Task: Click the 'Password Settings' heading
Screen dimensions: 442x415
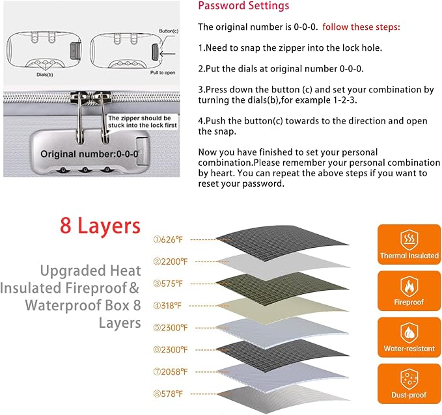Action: tap(243, 6)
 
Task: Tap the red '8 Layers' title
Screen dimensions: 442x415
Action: tap(100, 226)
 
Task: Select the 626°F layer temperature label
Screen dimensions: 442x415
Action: tap(168, 240)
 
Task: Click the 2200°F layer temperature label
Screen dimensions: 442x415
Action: tap(171, 261)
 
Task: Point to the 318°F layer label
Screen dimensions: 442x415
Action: tap(167, 306)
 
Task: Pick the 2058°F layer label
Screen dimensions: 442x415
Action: tap(171, 372)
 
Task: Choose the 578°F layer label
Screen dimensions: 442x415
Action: tap(168, 394)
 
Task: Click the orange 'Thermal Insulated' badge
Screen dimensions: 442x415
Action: tap(409, 245)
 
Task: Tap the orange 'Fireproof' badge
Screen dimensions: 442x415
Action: tap(409, 291)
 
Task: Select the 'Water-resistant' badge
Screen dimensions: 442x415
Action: tap(409, 337)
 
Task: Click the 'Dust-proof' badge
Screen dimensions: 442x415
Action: tap(409, 384)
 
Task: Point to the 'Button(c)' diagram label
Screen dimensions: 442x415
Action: tap(169, 31)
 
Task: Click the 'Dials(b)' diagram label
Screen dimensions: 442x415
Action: tap(45, 75)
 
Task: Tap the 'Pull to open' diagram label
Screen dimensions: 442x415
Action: tap(163, 73)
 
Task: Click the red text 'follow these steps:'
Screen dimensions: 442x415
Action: tap(361, 27)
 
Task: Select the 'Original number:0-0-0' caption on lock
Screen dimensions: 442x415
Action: tap(89, 154)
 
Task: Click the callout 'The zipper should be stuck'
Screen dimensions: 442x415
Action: tap(143, 122)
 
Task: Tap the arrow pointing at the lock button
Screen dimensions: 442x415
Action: tap(167, 53)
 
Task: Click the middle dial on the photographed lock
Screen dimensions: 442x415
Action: tap(85, 170)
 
